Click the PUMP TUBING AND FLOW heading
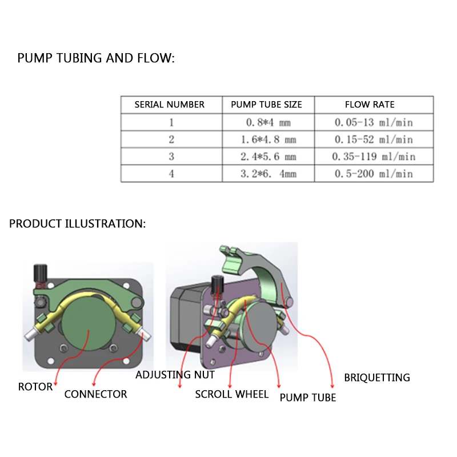coord(96,58)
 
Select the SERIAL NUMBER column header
coord(169,105)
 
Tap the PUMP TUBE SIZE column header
coord(266,105)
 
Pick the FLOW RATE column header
coord(370,105)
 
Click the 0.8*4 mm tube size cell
coord(268,122)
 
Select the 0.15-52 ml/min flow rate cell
coord(374,139)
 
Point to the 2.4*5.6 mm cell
coord(268,157)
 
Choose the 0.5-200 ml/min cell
coord(374,174)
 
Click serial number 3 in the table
coord(171,157)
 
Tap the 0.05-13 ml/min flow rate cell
coord(374,122)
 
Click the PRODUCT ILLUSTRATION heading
coord(77,223)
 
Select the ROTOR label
coord(35,387)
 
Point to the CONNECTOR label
coord(95,394)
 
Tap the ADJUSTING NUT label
coord(175,375)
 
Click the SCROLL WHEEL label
coord(232,394)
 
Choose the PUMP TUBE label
coord(308,398)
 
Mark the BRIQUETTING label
coord(377,378)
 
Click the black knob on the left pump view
coord(41,273)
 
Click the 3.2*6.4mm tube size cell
coord(268,174)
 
